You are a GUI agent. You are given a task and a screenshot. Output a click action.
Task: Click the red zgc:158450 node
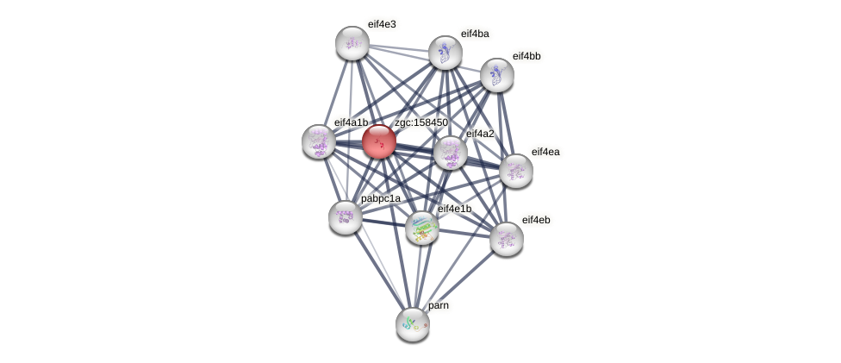(x=378, y=141)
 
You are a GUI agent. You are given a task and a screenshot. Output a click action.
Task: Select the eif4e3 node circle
(x=352, y=43)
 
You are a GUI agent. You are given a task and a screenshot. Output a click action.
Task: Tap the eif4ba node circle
(x=445, y=53)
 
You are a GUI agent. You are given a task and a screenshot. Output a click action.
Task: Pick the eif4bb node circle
(x=497, y=75)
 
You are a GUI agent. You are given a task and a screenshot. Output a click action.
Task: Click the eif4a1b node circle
(x=319, y=141)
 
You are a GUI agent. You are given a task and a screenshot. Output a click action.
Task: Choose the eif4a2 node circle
(x=450, y=153)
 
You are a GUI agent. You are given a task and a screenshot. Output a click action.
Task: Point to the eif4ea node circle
(x=516, y=171)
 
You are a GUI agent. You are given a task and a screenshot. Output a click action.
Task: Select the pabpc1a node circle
(x=345, y=217)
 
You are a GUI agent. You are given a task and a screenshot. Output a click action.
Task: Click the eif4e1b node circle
(x=422, y=228)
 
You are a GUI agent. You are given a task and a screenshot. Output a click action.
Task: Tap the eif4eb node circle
(x=507, y=239)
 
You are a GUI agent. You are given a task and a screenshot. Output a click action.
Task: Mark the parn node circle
(x=413, y=324)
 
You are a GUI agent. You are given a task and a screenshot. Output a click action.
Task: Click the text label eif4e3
(x=382, y=24)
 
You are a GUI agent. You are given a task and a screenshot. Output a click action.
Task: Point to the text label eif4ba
(x=475, y=34)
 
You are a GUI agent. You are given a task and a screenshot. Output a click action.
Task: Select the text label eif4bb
(x=526, y=56)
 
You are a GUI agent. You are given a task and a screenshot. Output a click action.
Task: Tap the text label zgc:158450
(x=420, y=122)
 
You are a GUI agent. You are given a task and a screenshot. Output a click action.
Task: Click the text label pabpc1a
(x=381, y=198)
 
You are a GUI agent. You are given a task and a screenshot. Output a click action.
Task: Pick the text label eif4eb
(x=536, y=220)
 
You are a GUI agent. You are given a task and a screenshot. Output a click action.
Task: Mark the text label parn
(x=439, y=305)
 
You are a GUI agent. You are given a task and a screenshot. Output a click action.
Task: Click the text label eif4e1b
(x=454, y=209)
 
